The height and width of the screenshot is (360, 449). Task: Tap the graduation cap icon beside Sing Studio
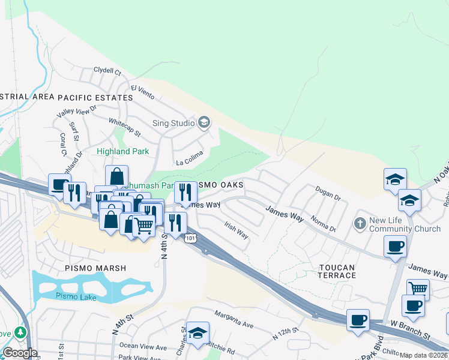pyautogui.click(x=203, y=123)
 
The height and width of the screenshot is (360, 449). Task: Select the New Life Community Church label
pyautogui.click(x=405, y=224)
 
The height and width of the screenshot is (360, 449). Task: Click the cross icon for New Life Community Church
pyautogui.click(x=360, y=224)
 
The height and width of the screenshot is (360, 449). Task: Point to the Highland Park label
pyautogui.click(x=122, y=152)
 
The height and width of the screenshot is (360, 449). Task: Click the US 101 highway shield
pyautogui.click(x=190, y=239)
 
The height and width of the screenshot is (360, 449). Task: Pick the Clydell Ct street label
pyautogui.click(x=107, y=71)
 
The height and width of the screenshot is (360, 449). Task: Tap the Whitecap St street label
pyautogui.click(x=124, y=127)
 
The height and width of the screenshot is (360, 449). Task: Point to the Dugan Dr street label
pyautogui.click(x=328, y=193)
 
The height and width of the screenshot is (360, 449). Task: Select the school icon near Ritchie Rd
pyautogui.click(x=197, y=333)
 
